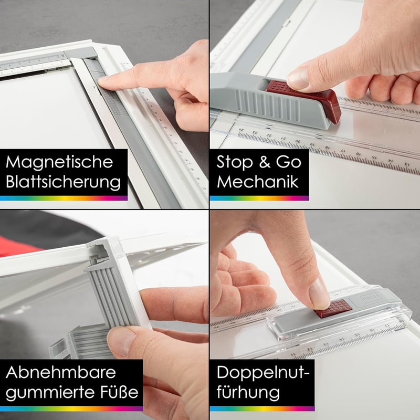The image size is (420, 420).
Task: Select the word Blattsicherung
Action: coord(63,182)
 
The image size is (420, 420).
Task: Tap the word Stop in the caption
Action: coord(235,162)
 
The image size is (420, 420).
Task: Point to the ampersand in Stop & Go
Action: coord(265,162)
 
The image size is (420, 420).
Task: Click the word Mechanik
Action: coord(258,182)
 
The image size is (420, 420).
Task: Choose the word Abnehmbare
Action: coord(60,372)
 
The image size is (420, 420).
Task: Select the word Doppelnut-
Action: coord(263,373)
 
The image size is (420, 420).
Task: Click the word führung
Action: coord(248,393)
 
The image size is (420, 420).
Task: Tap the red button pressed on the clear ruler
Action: coord(333,309)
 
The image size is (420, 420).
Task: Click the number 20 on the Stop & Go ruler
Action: coord(298,141)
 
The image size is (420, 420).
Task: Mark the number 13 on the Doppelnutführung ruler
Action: coord(325,344)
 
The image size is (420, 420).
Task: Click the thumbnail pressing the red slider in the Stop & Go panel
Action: coord(298,78)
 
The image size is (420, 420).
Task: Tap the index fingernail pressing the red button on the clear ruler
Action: coord(318,293)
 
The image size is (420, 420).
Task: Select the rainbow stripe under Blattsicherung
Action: coord(64,198)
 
